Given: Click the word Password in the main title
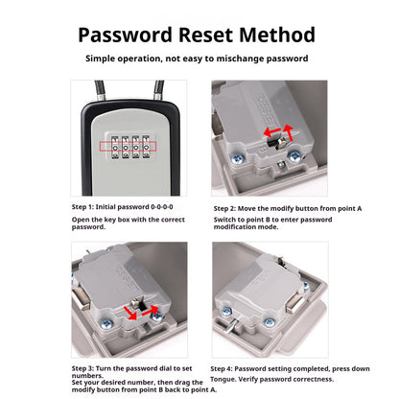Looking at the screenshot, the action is pyautogui.click(x=125, y=35).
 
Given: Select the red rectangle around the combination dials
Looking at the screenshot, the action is pyautogui.click(x=128, y=147).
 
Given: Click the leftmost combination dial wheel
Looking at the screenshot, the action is pyautogui.click(x=115, y=147).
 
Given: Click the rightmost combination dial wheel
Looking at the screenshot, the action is pyautogui.click(x=146, y=147).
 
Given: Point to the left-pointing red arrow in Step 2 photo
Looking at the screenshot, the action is pyautogui.click(x=271, y=131).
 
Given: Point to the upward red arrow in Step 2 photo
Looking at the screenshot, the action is pyautogui.click(x=289, y=132).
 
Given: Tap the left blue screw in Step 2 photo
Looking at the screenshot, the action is pyautogui.click(x=237, y=158).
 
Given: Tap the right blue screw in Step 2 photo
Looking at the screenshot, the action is pyautogui.click(x=293, y=156).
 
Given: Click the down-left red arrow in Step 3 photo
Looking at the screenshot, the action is pyautogui.click(x=130, y=313).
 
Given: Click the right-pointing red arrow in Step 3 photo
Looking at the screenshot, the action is pyautogui.click(x=151, y=311).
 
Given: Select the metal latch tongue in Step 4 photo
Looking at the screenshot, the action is pyautogui.click(x=294, y=303).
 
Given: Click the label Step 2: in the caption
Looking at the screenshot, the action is pyautogui.click(x=224, y=208).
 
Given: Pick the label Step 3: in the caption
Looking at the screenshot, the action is pyautogui.click(x=82, y=368).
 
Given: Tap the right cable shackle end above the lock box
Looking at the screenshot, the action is pyautogui.click(x=159, y=90).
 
